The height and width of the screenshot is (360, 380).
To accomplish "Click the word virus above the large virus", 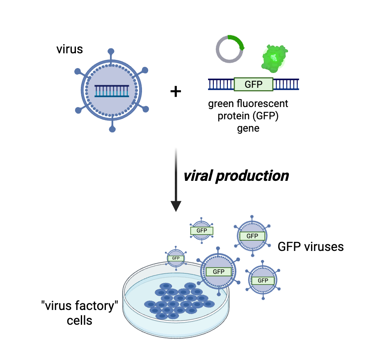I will tap(70, 50).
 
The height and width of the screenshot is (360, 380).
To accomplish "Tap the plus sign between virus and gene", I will tap(176, 91).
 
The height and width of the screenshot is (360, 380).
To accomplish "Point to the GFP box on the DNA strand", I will tap(253, 84).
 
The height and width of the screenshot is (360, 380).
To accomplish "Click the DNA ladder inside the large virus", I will tap(112, 91).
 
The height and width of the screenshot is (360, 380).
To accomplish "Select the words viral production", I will tap(236, 176).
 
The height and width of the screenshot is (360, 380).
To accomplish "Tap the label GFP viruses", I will tap(311, 247).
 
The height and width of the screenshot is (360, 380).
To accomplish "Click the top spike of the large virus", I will tap(112, 52).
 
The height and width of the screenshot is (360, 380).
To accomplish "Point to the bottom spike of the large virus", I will tap(112, 130).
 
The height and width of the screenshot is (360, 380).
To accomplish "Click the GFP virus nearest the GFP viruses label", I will tap(252, 236).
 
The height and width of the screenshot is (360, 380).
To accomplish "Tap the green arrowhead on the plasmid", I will tap(243, 48).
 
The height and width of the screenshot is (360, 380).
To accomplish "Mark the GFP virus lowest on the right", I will tap(263, 280).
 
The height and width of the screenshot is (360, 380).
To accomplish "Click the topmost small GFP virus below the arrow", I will tap(201, 230).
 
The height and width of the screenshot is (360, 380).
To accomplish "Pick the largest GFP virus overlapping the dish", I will tap(218, 271).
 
